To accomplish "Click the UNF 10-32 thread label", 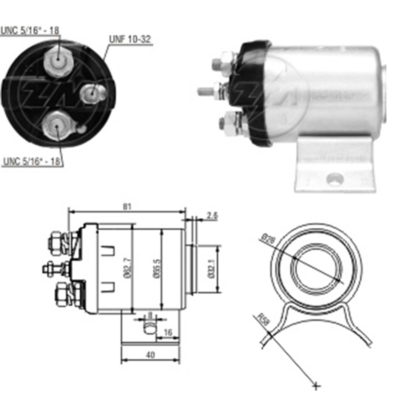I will [x=130, y=39].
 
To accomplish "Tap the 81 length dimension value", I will [x=127, y=207].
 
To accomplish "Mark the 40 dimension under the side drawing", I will [x=150, y=355].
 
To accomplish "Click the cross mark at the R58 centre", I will [x=316, y=386].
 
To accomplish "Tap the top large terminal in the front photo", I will [x=59, y=61].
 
